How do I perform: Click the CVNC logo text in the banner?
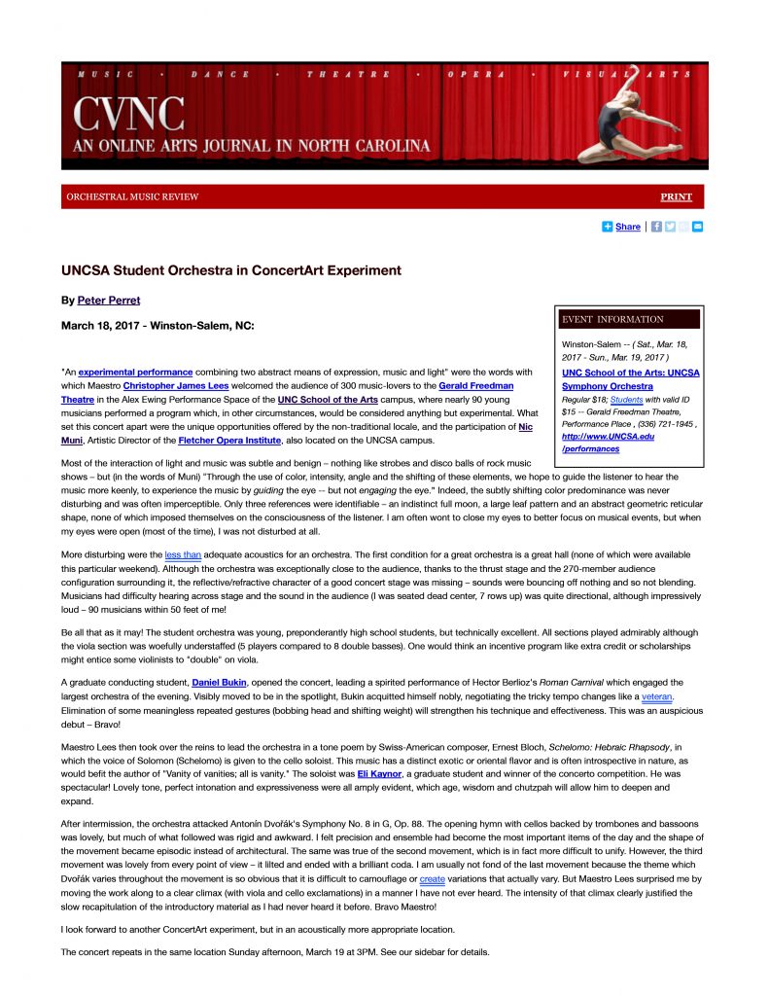128,115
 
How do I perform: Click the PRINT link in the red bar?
676,196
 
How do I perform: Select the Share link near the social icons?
627,227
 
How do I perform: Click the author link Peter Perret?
108,300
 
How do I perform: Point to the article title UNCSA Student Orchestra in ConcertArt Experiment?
231,270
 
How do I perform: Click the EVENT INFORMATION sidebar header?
612,319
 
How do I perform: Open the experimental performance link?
135,372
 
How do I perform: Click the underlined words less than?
183,553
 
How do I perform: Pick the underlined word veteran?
658,696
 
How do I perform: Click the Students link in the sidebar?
626,399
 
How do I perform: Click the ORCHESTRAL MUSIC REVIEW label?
132,196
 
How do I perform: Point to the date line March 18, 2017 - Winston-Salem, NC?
158,326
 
